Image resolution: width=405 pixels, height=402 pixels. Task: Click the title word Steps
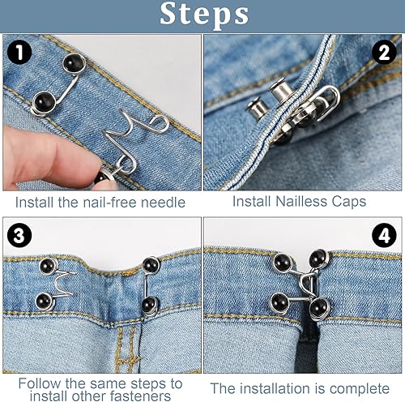click(202, 15)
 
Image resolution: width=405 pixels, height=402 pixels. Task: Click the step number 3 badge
click(19, 236)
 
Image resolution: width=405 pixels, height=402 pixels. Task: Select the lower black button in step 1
click(44, 101)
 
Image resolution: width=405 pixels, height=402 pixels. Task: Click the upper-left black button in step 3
click(48, 264)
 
